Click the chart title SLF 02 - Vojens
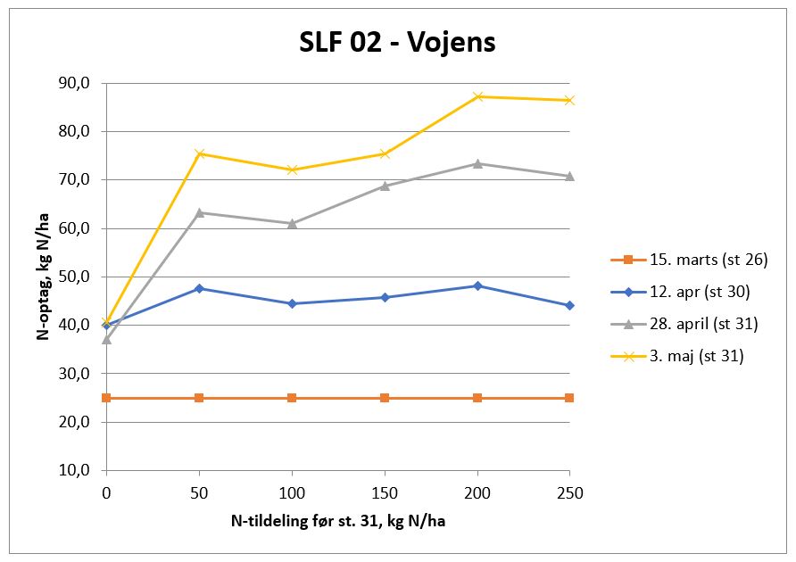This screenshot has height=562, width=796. pyautogui.click(x=397, y=43)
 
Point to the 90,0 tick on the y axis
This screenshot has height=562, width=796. pyautogui.click(x=76, y=83)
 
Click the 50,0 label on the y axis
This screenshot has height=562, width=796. pyautogui.click(x=76, y=277)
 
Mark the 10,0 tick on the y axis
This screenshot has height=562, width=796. pyautogui.click(x=76, y=470)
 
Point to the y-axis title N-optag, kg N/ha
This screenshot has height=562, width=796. pyautogui.click(x=42, y=277)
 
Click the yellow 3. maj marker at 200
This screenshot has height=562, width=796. pyautogui.click(x=477, y=96)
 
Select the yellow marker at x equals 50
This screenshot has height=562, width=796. pyautogui.click(x=199, y=153)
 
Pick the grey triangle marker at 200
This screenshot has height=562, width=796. pyautogui.click(x=477, y=163)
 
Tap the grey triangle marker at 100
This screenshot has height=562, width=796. pyautogui.click(x=292, y=223)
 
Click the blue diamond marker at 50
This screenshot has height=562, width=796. pyautogui.click(x=199, y=288)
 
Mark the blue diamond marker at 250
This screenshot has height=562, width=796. pyautogui.click(x=569, y=305)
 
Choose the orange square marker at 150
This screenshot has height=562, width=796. pyautogui.click(x=385, y=398)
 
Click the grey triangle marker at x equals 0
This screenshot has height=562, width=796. pyautogui.click(x=106, y=339)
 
